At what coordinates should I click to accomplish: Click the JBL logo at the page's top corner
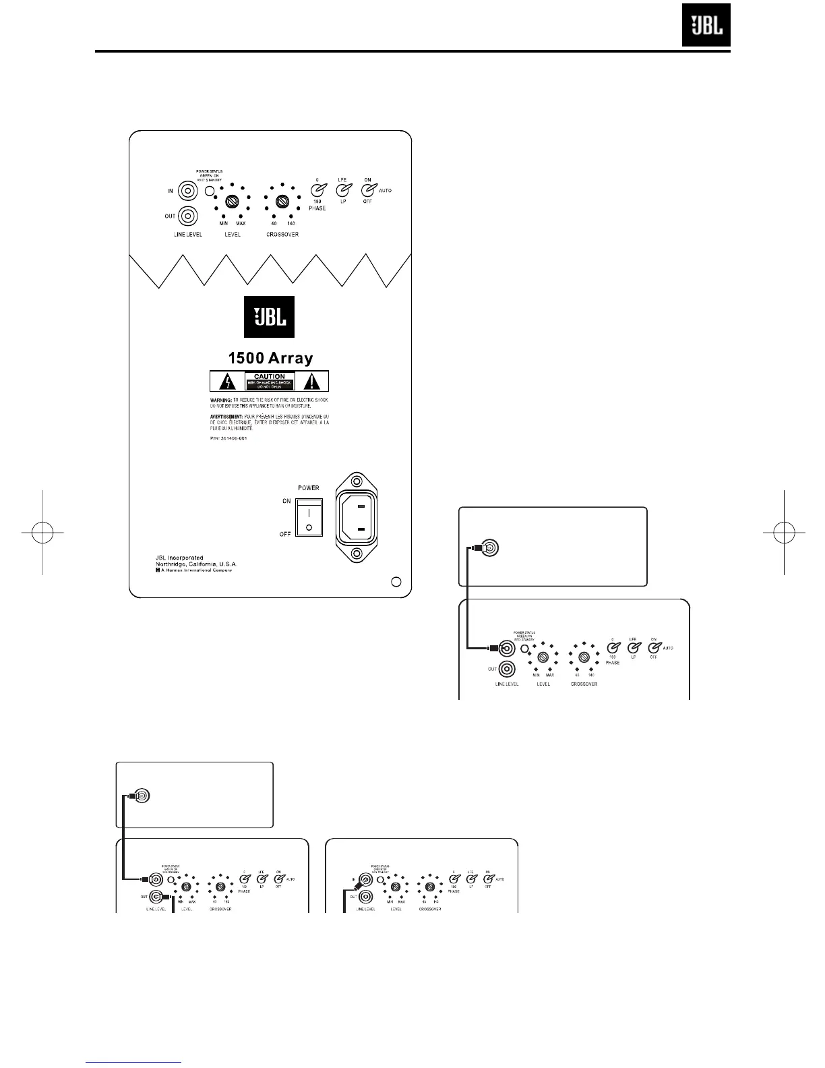pyautogui.click(x=706, y=26)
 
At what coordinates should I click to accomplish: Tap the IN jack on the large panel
pyautogui.click(x=187, y=191)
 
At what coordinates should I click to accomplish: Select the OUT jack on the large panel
pyautogui.click(x=187, y=216)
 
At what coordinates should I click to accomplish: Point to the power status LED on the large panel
pyautogui.click(x=210, y=191)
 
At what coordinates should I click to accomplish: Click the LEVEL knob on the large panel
pyautogui.click(x=233, y=201)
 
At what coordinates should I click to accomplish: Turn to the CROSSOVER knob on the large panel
pyautogui.click(x=282, y=201)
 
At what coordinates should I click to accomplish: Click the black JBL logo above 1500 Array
pyautogui.click(x=269, y=317)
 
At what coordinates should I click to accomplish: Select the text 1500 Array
pyautogui.click(x=269, y=357)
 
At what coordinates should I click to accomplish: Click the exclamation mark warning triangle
pyautogui.click(x=311, y=382)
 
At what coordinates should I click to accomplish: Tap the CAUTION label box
pyautogui.click(x=270, y=381)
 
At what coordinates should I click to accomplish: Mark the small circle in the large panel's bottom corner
pyautogui.click(x=396, y=581)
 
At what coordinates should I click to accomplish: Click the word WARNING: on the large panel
pyautogui.click(x=221, y=400)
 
